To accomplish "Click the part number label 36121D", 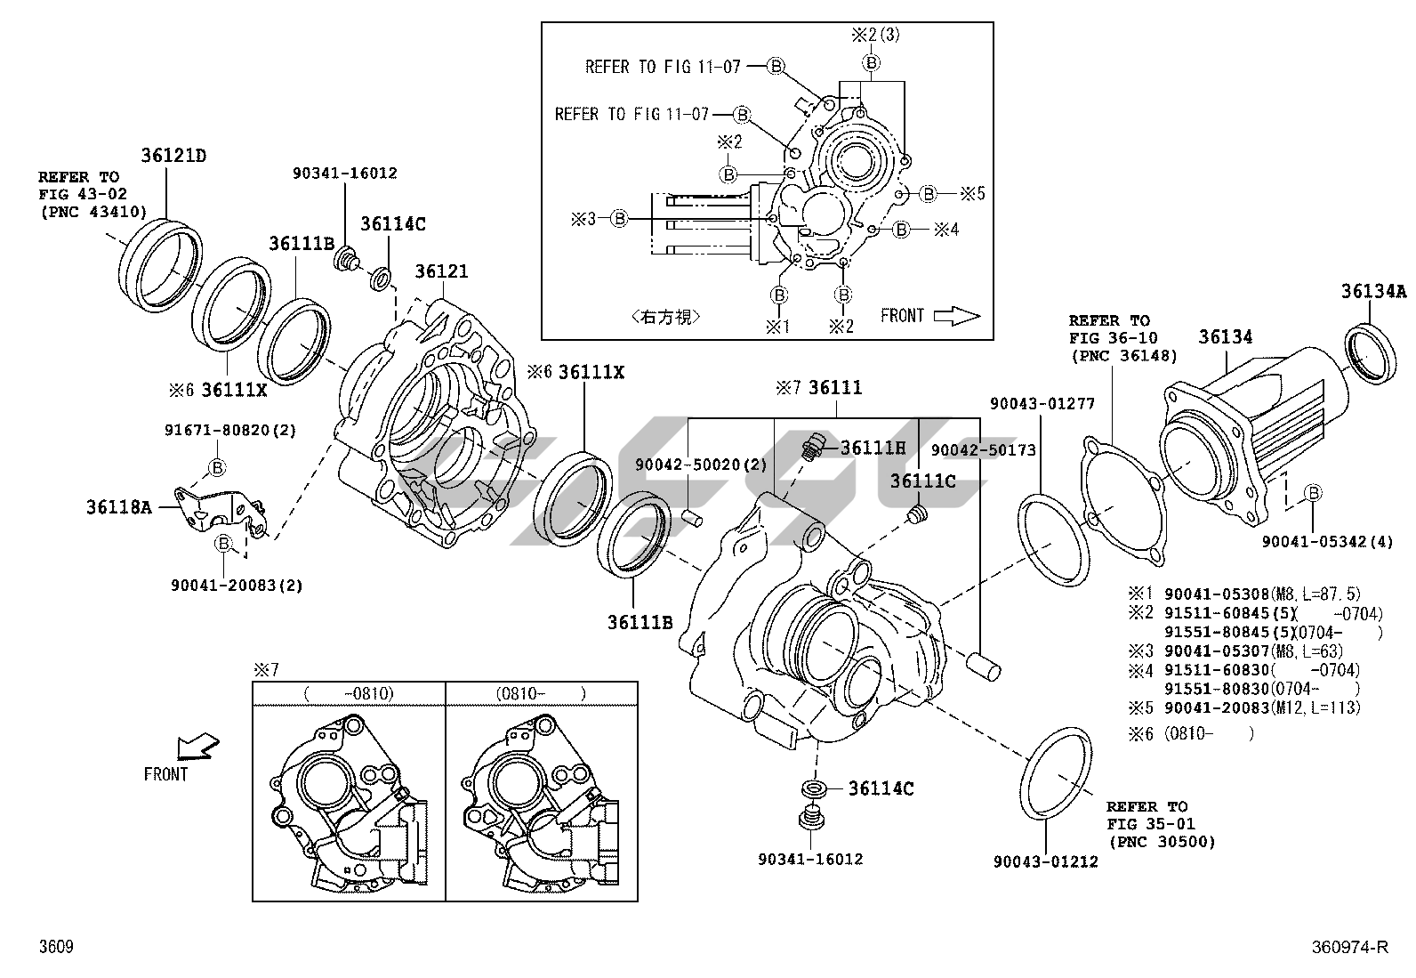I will click(x=173, y=156).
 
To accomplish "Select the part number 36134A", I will click(x=1374, y=291).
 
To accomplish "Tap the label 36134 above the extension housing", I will click(x=1225, y=337).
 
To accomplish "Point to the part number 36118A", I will click(x=118, y=507).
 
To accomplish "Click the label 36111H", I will click(x=873, y=448).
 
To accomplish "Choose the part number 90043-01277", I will click(x=1042, y=404).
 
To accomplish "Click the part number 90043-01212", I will click(x=1045, y=861).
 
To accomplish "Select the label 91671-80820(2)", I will click(x=230, y=430).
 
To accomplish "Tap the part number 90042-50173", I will click(x=984, y=450).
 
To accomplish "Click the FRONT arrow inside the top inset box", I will click(x=956, y=316).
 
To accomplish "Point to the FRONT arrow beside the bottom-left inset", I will click(x=197, y=746).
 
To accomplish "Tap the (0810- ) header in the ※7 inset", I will click(x=542, y=693).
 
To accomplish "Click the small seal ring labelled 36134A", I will click(x=1369, y=354).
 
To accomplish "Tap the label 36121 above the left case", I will click(x=443, y=272).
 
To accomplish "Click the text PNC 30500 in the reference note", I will click(x=1162, y=842).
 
